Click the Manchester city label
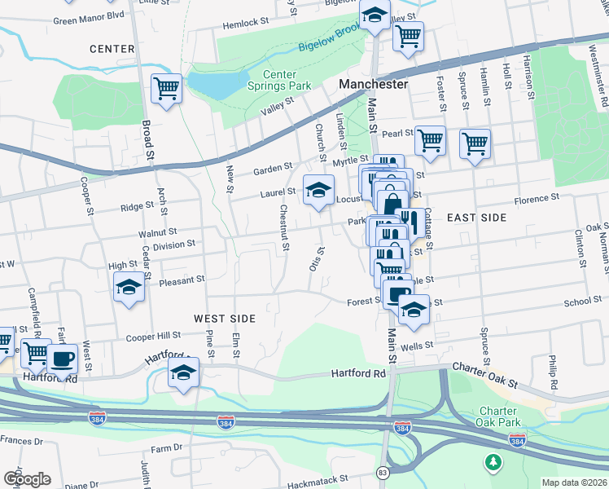pos(373,84)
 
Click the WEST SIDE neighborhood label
pos(225,319)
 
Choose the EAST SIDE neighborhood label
pos(476,218)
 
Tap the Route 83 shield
pos(383,473)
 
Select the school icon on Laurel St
pos(318,191)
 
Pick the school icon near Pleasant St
pos(129,289)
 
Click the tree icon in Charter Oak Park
pos(493,463)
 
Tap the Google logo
pos(27,479)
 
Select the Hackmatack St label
pos(320,479)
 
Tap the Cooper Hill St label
pos(153,336)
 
